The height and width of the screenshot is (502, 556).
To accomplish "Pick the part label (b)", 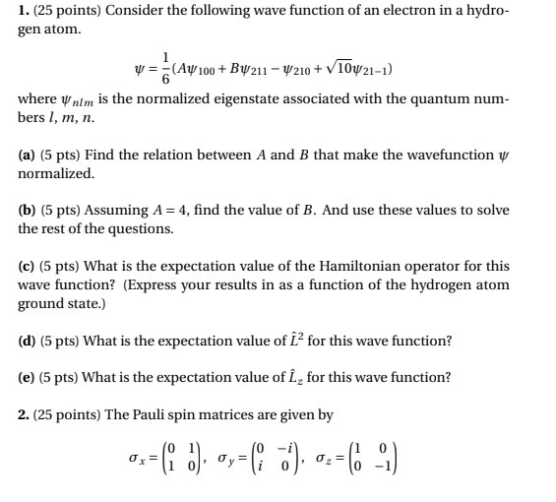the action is (29, 210).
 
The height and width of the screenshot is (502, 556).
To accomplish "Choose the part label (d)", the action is (29, 340).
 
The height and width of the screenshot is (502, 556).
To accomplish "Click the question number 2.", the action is (25, 413).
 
